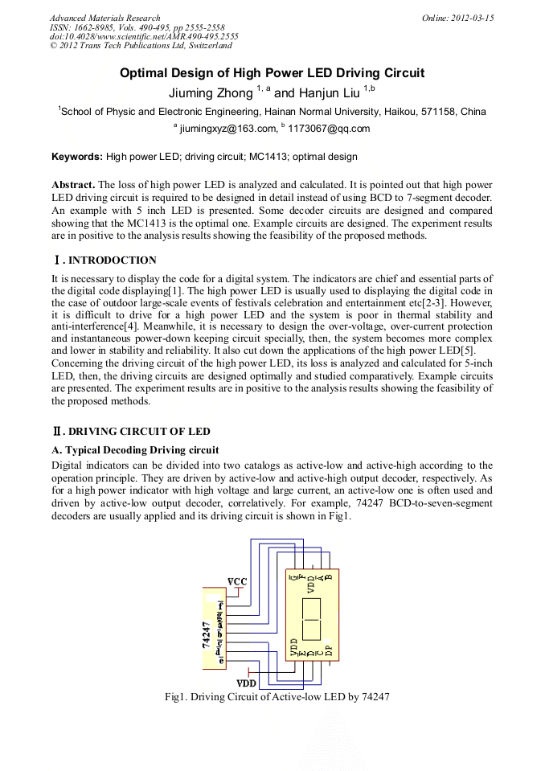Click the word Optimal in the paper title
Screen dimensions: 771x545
pyautogui.click(x=147, y=73)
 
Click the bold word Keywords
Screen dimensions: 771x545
pyautogui.click(x=77, y=157)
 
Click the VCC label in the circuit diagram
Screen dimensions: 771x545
pyautogui.click(x=237, y=580)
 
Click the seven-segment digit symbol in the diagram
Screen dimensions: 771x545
pyautogui.click(x=310, y=617)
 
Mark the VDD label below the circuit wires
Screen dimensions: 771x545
pyautogui.click(x=246, y=683)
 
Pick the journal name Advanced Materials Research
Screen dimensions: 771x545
pyautogui.click(x=104, y=18)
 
